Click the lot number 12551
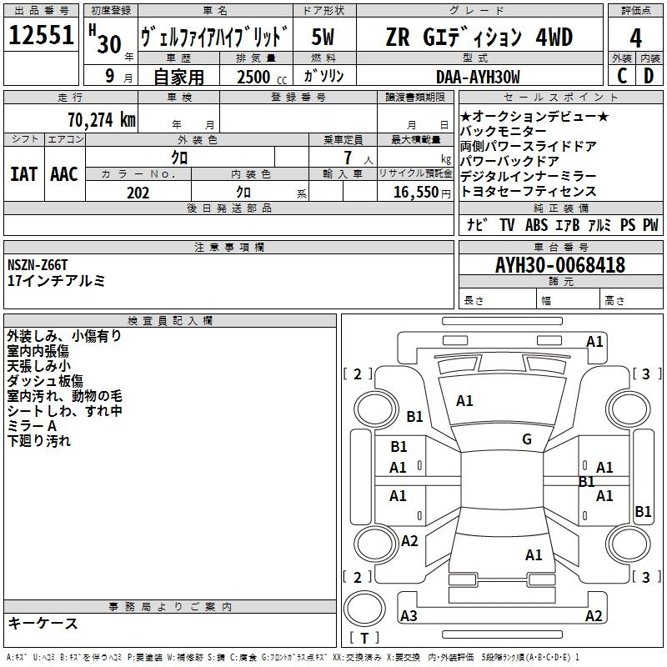(41, 35)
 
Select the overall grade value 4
(635, 38)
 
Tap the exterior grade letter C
(622, 76)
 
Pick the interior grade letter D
(649, 76)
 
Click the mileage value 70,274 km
(102, 120)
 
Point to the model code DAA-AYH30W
(478, 77)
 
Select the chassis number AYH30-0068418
(560, 265)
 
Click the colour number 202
(138, 193)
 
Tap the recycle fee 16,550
(415, 193)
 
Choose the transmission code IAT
(23, 174)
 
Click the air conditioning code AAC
(64, 174)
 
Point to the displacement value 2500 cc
(262, 77)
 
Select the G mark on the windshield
(527, 439)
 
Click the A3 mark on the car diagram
(409, 615)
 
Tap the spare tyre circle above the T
(364, 609)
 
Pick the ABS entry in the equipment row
(536, 224)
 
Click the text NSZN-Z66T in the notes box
(38, 265)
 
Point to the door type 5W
(323, 37)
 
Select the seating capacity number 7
(348, 158)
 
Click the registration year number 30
(109, 44)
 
